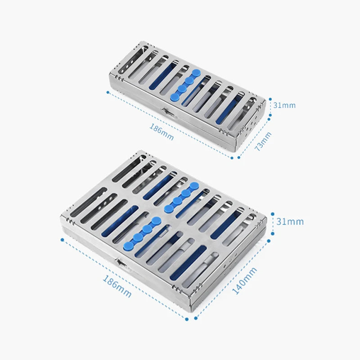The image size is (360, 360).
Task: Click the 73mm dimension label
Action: pyautogui.click(x=263, y=141)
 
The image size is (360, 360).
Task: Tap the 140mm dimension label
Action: pyautogui.click(x=244, y=280)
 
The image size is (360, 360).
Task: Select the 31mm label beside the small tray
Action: pyautogui.click(x=284, y=105)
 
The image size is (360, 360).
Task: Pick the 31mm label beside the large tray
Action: pyautogui.click(x=290, y=221)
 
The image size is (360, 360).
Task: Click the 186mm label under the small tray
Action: pyautogui.click(x=162, y=132)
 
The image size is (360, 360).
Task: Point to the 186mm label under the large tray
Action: pyautogui.click(x=117, y=286)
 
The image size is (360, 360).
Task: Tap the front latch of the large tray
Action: pyautogui.click(x=121, y=264)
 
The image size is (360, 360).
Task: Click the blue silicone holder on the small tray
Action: pyautogui.click(x=185, y=85)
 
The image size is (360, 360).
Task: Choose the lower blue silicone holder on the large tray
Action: pyautogui.click(x=142, y=234)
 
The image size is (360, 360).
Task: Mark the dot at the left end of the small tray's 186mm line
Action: pyautogui.click(x=108, y=92)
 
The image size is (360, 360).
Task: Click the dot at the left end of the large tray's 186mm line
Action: pyautogui.click(x=62, y=240)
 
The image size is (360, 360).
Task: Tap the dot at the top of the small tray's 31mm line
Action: pyautogui.click(x=270, y=99)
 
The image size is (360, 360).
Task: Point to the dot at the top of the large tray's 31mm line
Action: pyautogui.click(x=273, y=214)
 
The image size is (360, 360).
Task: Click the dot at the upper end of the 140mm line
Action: pyautogui.click(x=269, y=241)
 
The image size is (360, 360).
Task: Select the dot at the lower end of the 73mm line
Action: pyautogui.click(x=239, y=157)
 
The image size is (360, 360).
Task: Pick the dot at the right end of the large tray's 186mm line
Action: pyautogui.click(x=187, y=319)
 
